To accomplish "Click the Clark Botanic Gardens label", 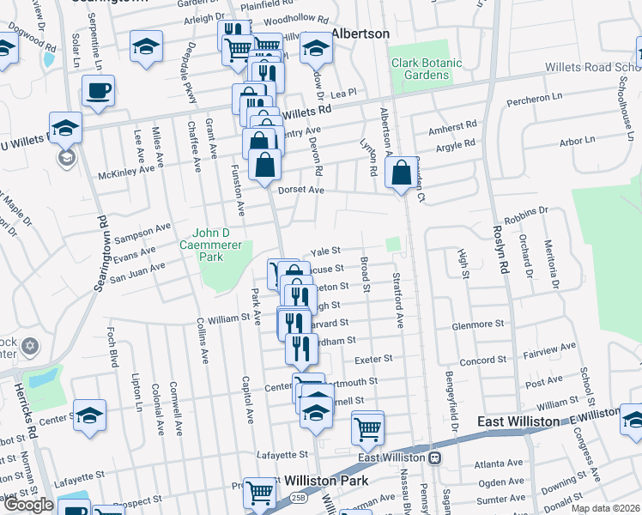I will coord(421,69).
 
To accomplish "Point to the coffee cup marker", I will coord(98,91).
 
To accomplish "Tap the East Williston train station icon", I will coord(435,457).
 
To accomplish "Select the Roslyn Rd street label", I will coord(502,250).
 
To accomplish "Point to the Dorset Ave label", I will coord(300,190).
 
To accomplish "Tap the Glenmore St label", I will coord(478,324).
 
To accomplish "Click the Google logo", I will coord(28,505).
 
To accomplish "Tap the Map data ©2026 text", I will coord(605,508).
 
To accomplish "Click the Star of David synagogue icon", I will coord(29,346).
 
